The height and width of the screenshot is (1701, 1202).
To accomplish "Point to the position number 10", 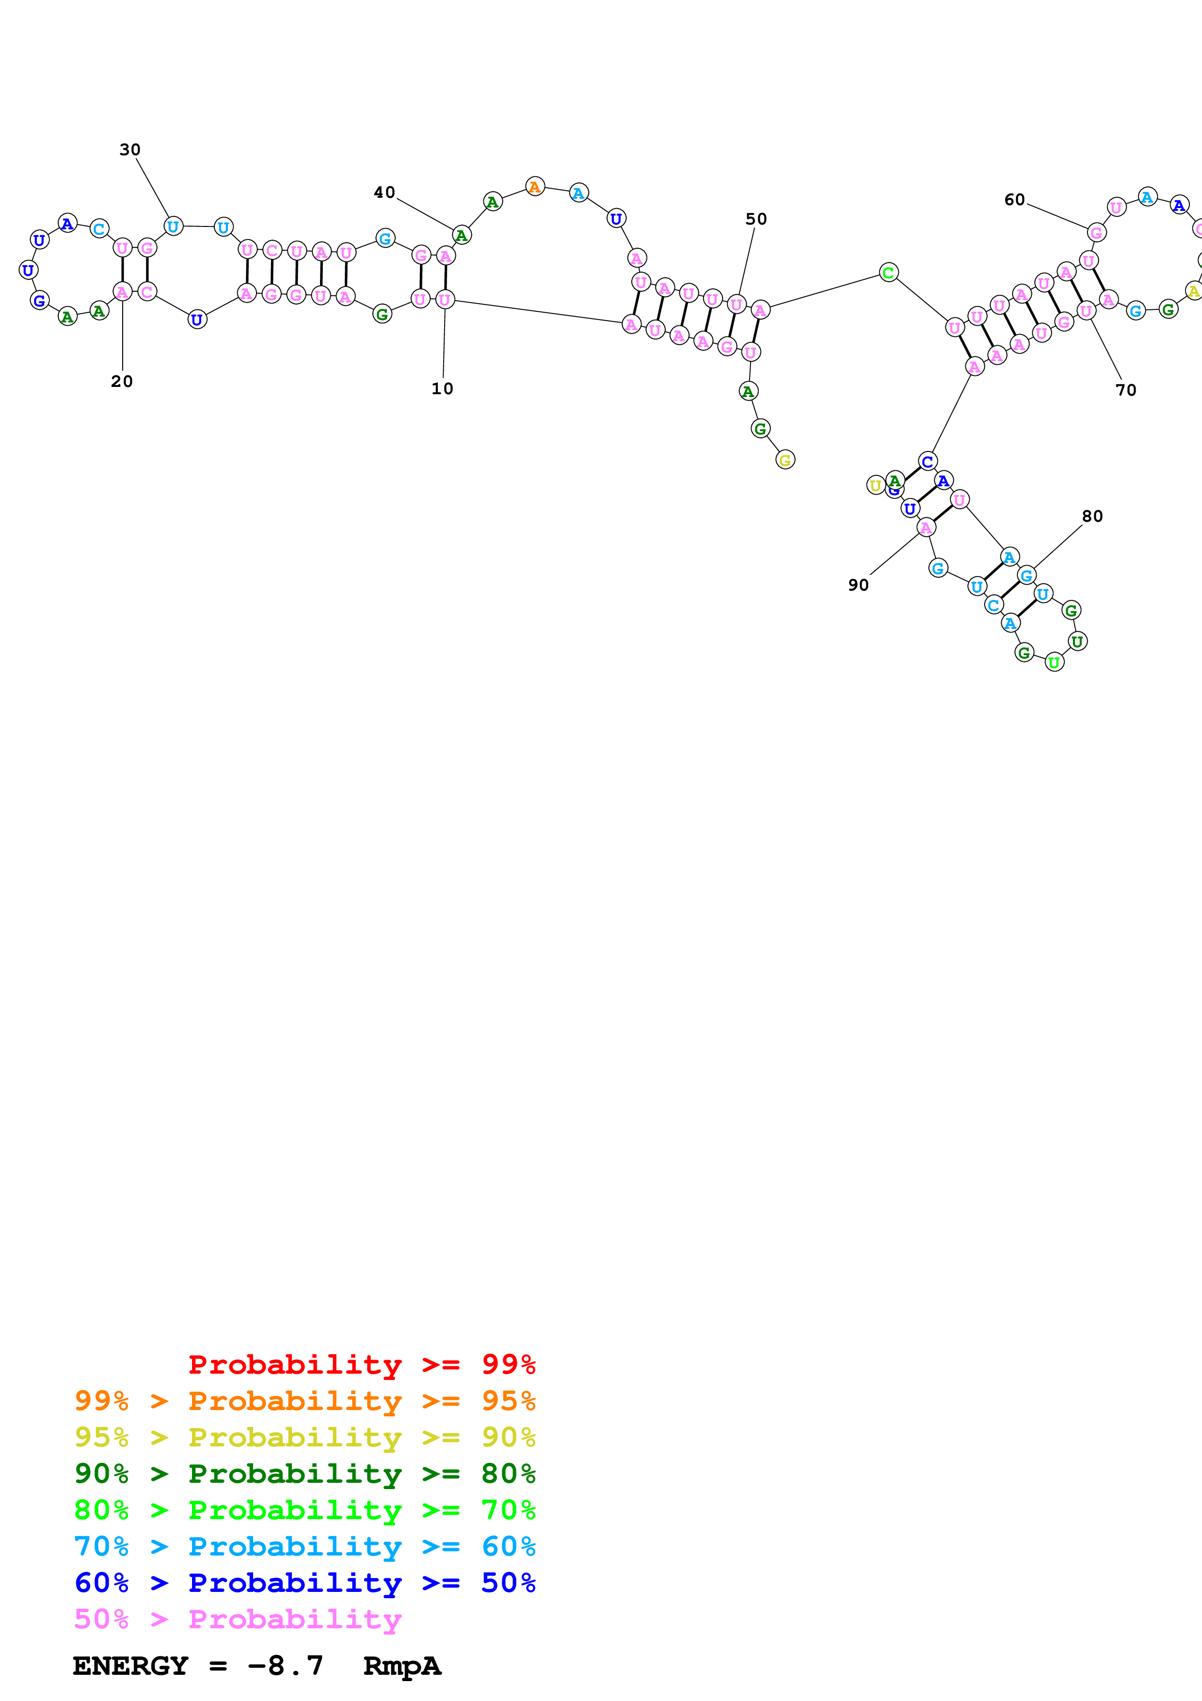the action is click(442, 389).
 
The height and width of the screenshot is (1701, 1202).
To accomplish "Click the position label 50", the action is click(755, 219).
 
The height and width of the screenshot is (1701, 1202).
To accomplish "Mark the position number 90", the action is click(858, 585).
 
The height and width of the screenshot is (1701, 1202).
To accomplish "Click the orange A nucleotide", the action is click(535, 187).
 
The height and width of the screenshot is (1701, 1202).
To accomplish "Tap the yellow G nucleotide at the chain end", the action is click(785, 460).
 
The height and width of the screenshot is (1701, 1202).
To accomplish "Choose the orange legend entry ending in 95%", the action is click(305, 1400).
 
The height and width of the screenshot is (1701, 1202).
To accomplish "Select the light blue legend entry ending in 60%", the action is click(305, 1546).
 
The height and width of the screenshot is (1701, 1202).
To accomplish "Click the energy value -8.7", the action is click(285, 1666).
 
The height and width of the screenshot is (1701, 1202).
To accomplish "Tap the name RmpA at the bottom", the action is click(401, 1666).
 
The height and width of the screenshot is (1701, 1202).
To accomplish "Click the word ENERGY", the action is click(130, 1666).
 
